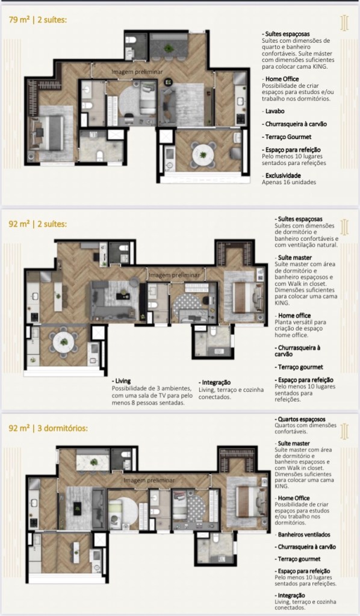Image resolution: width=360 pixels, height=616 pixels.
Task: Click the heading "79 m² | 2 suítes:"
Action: (38, 20)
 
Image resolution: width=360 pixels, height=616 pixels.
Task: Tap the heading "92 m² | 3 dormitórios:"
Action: (48, 428)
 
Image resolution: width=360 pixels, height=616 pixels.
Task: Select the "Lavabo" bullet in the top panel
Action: (275, 111)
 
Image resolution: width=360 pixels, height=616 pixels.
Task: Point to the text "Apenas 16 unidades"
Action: (289, 182)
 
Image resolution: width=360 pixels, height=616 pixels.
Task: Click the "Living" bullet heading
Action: (122, 381)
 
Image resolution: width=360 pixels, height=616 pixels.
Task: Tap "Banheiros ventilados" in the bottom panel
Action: (302, 535)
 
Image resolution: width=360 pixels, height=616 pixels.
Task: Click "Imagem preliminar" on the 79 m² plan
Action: (137, 72)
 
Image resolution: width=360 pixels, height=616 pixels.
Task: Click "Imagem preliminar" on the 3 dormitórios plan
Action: (149, 481)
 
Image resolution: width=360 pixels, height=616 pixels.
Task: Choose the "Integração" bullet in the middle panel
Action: (215, 382)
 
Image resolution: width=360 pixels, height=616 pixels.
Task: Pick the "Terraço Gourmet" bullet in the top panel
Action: (287, 137)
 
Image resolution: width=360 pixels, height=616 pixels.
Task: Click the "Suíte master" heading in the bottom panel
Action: (293, 444)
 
